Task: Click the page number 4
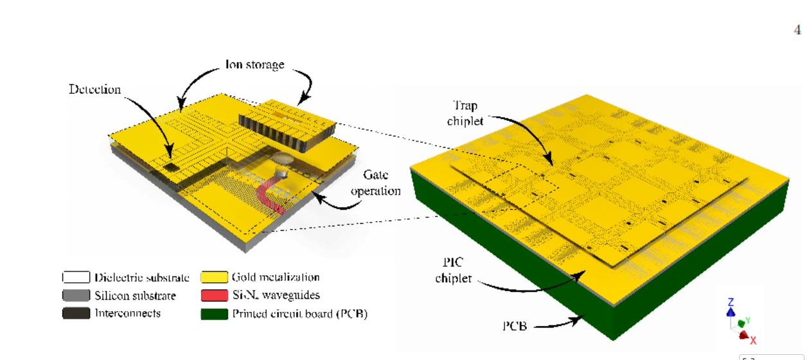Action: (x=797, y=30)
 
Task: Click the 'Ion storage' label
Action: (x=254, y=64)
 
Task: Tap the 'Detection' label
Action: (x=95, y=89)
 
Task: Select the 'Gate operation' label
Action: (x=382, y=183)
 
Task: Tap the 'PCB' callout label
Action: (x=515, y=326)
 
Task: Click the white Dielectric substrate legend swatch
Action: (x=75, y=278)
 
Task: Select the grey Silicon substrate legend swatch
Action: (x=75, y=296)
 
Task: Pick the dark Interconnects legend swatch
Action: (x=75, y=313)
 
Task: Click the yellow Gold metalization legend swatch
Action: (x=215, y=278)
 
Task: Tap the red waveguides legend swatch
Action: (x=215, y=296)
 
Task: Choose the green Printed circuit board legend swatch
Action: (x=215, y=314)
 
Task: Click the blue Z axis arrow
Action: (x=730, y=311)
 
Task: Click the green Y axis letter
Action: (x=748, y=320)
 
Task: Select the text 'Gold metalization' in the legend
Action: (x=275, y=278)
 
